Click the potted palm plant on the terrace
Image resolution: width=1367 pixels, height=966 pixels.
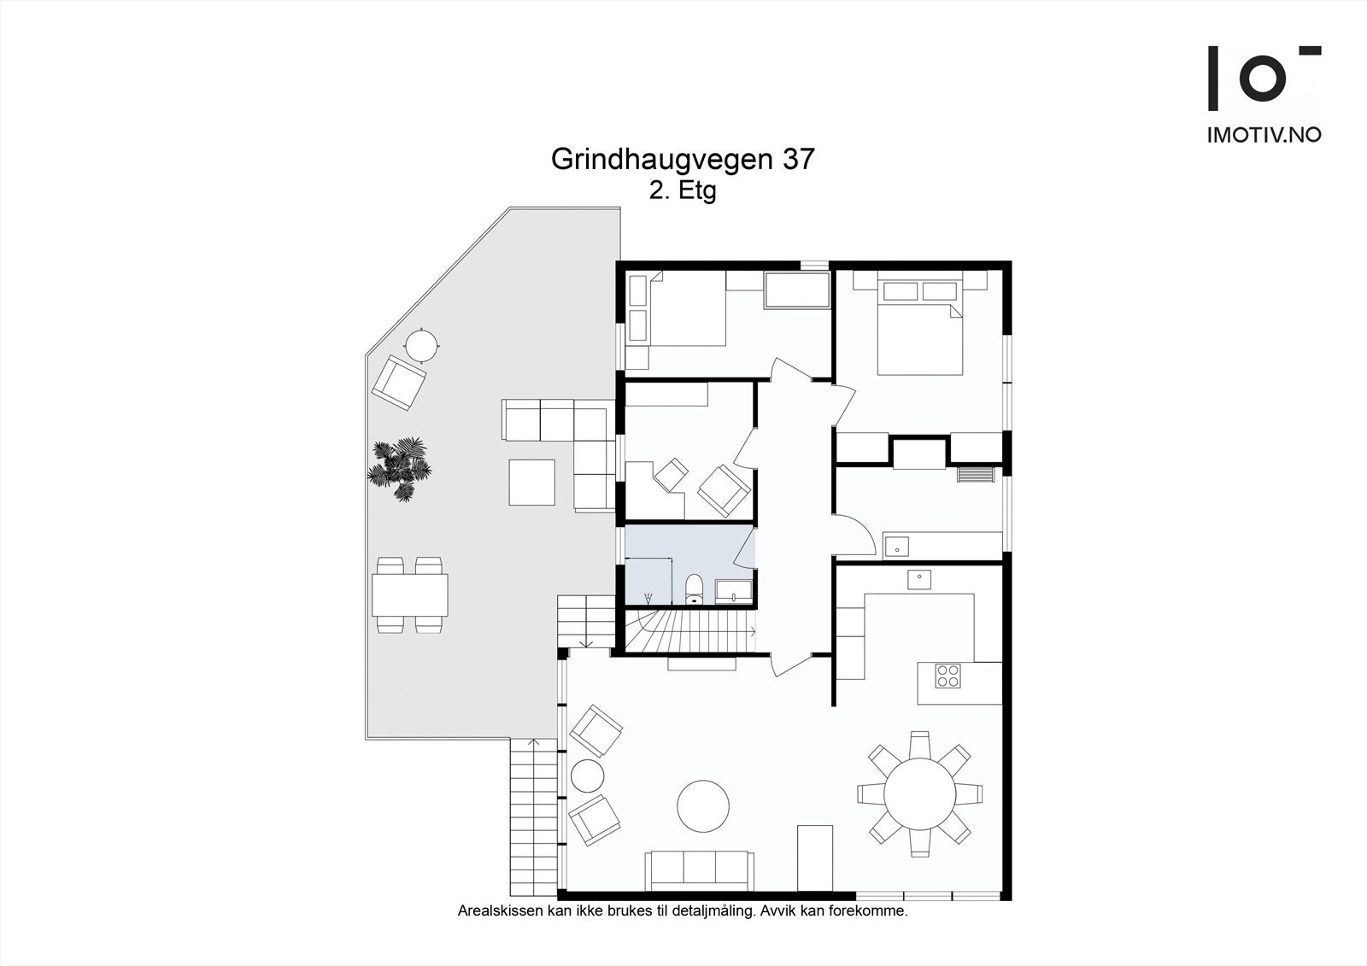(x=400, y=469)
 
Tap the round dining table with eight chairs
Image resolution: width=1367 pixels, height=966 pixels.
(x=919, y=794)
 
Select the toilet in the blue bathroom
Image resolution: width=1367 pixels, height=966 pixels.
(x=694, y=589)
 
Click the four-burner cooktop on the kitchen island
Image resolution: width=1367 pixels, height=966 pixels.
(x=948, y=676)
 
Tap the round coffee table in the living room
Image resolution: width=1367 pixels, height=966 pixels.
(x=703, y=805)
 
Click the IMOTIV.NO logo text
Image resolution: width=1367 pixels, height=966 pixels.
(x=1264, y=135)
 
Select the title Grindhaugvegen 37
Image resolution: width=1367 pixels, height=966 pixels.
(x=683, y=159)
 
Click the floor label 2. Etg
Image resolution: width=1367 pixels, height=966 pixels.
(x=683, y=191)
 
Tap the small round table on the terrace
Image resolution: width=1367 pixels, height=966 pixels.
(x=422, y=345)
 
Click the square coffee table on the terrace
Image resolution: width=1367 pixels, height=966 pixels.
(x=532, y=482)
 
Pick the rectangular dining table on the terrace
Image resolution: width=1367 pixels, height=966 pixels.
(x=410, y=595)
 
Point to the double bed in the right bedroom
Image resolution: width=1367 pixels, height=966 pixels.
(x=919, y=327)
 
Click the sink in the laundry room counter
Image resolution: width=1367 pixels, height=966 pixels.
(x=897, y=546)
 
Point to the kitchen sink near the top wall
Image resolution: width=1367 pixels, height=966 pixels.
(x=918, y=579)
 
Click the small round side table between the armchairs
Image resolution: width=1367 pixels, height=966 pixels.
(x=588, y=776)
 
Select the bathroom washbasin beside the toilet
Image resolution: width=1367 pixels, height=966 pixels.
(x=734, y=592)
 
